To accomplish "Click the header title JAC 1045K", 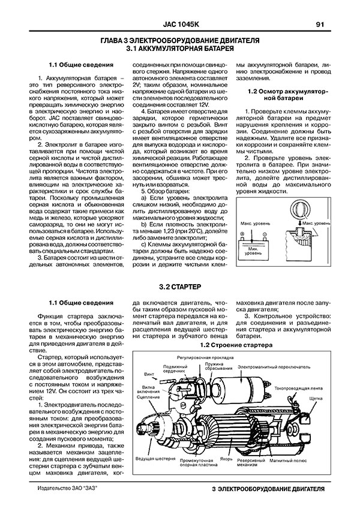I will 180,25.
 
